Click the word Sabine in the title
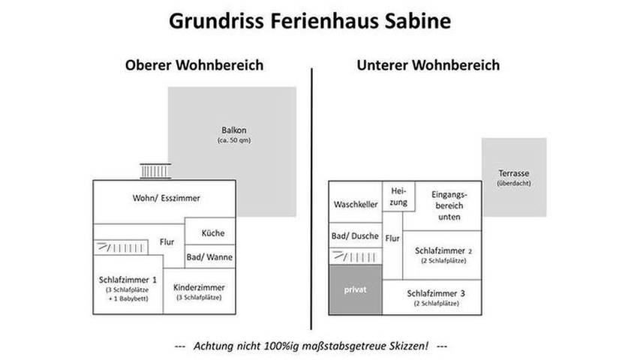pyautogui.click(x=413, y=20)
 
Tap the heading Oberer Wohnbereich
pyautogui.click(x=194, y=65)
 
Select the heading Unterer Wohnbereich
pyautogui.click(x=428, y=65)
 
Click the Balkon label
pyautogui.click(x=231, y=128)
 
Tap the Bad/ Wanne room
pyautogui.click(x=209, y=257)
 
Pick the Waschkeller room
pyautogui.click(x=356, y=205)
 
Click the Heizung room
pyautogui.click(x=398, y=197)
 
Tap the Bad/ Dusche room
pyautogui.click(x=356, y=237)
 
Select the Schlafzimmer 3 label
pyautogui.click(x=436, y=292)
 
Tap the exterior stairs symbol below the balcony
pyautogui.click(x=155, y=172)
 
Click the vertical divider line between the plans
pyautogui.click(x=312, y=195)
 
